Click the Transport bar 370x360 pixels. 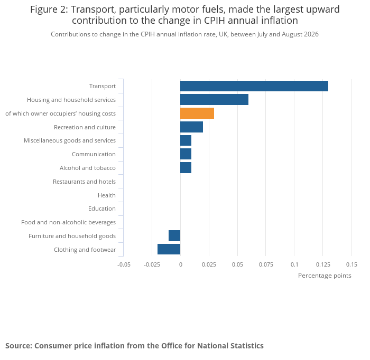[254, 86]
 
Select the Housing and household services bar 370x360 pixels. [214, 99]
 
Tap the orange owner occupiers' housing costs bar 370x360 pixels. [197, 113]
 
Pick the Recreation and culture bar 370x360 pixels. [191, 127]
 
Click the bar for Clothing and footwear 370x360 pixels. [169, 249]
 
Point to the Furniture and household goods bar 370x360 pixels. [174, 235]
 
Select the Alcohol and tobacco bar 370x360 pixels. [186, 167]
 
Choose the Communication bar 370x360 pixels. [186, 154]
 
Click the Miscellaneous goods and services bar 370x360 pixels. [186, 140]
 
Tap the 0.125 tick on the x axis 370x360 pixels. [323, 264]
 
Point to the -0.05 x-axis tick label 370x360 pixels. [124, 264]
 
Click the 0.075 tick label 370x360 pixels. [266, 264]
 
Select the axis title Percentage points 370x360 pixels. [325, 276]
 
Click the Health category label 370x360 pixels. [107, 195]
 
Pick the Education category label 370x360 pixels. [102, 209]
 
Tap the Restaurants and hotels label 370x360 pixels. [84, 182]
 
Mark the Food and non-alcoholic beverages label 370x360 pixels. [68, 222]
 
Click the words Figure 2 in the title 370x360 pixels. [49, 10]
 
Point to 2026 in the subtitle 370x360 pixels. [311, 34]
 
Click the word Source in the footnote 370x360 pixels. [18, 346]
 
